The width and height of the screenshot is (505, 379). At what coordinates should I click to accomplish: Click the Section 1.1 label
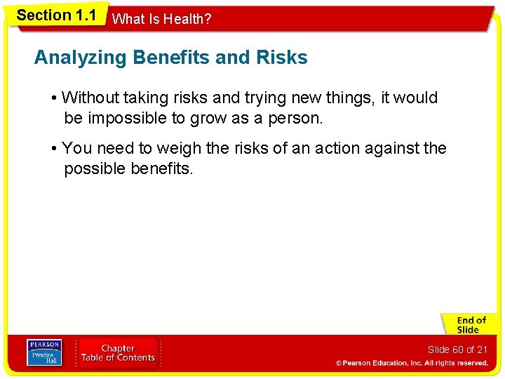coord(56,15)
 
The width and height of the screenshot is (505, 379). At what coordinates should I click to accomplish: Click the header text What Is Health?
coord(161,20)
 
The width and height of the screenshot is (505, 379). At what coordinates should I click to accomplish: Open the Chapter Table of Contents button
coord(118,352)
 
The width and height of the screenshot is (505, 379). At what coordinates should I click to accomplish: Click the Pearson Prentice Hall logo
coord(43,352)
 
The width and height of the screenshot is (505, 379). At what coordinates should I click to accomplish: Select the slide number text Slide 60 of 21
coord(457,350)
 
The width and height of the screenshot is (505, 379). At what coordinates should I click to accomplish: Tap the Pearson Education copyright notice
coord(412,363)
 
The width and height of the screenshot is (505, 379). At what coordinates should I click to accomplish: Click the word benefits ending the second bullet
coord(161,168)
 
